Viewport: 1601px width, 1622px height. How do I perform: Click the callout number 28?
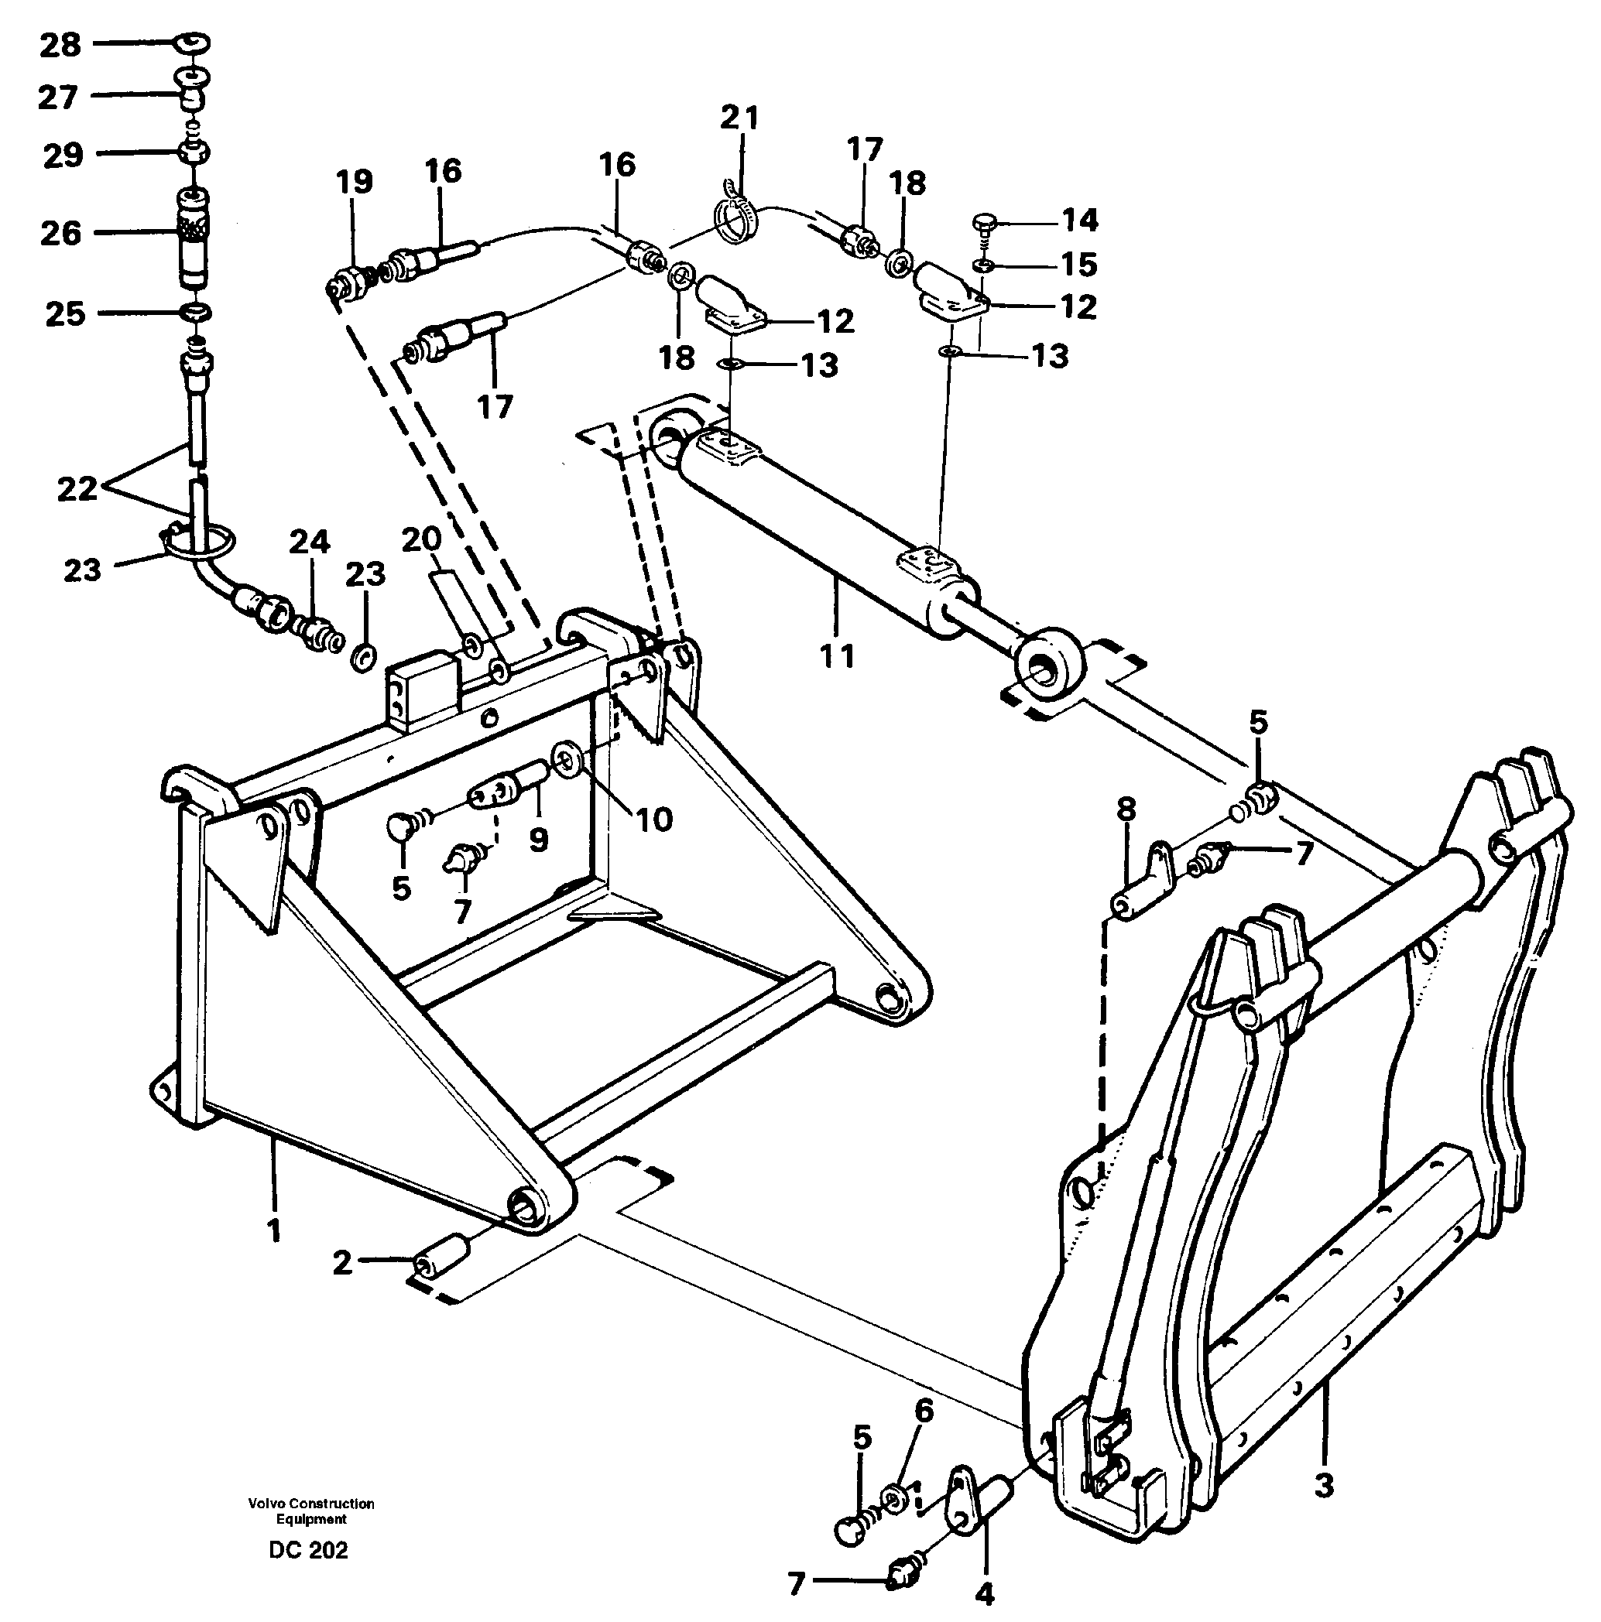[60, 44]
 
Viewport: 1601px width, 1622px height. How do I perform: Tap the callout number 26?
[60, 233]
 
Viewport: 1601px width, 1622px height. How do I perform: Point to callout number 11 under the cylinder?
[837, 656]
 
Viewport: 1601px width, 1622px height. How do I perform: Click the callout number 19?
[355, 181]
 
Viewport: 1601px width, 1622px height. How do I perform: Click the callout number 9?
[538, 839]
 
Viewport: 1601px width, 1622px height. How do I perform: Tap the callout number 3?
[1323, 1485]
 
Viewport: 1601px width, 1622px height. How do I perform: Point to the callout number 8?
[1126, 809]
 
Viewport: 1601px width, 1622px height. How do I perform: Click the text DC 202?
[308, 1550]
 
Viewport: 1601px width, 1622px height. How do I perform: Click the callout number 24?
[309, 542]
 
